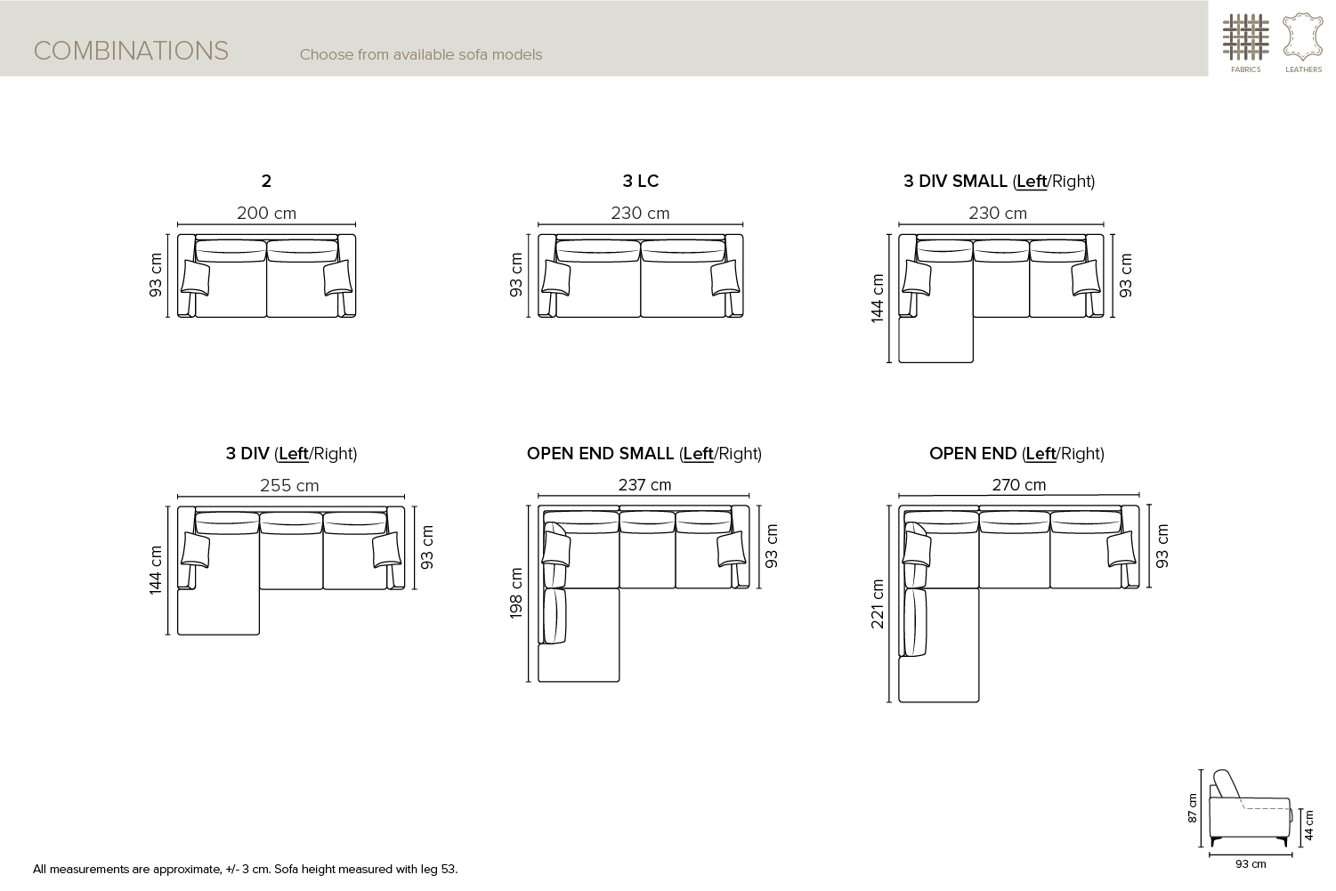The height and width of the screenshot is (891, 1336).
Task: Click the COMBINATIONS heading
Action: pyautogui.click(x=131, y=52)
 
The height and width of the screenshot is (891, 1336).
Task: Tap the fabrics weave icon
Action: pyautogui.click(x=1245, y=37)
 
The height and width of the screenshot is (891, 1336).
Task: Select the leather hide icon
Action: pyautogui.click(x=1303, y=37)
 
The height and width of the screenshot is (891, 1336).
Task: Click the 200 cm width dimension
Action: pyautogui.click(x=266, y=213)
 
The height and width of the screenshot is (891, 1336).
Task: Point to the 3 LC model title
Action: pyautogui.click(x=641, y=181)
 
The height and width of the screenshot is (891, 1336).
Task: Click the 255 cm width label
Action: pyautogui.click(x=289, y=485)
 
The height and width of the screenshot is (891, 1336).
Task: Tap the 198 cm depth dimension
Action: pyautogui.click(x=516, y=593)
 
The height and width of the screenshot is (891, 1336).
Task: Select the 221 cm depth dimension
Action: pyautogui.click(x=877, y=603)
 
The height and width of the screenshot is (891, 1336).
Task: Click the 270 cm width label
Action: pyautogui.click(x=1019, y=485)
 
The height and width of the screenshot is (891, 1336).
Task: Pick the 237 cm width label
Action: pyautogui.click(x=644, y=485)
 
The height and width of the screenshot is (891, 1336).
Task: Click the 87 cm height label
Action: pyautogui.click(x=1192, y=808)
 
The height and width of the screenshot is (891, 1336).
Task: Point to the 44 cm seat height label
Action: pyautogui.click(x=1308, y=825)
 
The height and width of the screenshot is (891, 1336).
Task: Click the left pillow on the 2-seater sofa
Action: pyautogui.click(x=195, y=278)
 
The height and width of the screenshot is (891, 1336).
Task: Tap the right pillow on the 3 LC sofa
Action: pyautogui.click(x=725, y=278)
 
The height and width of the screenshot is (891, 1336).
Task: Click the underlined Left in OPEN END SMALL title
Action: pyautogui.click(x=699, y=454)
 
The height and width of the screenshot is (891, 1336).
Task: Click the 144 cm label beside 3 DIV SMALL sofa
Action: pyautogui.click(x=877, y=298)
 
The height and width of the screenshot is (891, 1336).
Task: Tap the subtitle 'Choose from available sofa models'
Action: pyautogui.click(x=420, y=54)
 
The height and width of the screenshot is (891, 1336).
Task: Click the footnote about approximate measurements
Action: pyautogui.click(x=245, y=869)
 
